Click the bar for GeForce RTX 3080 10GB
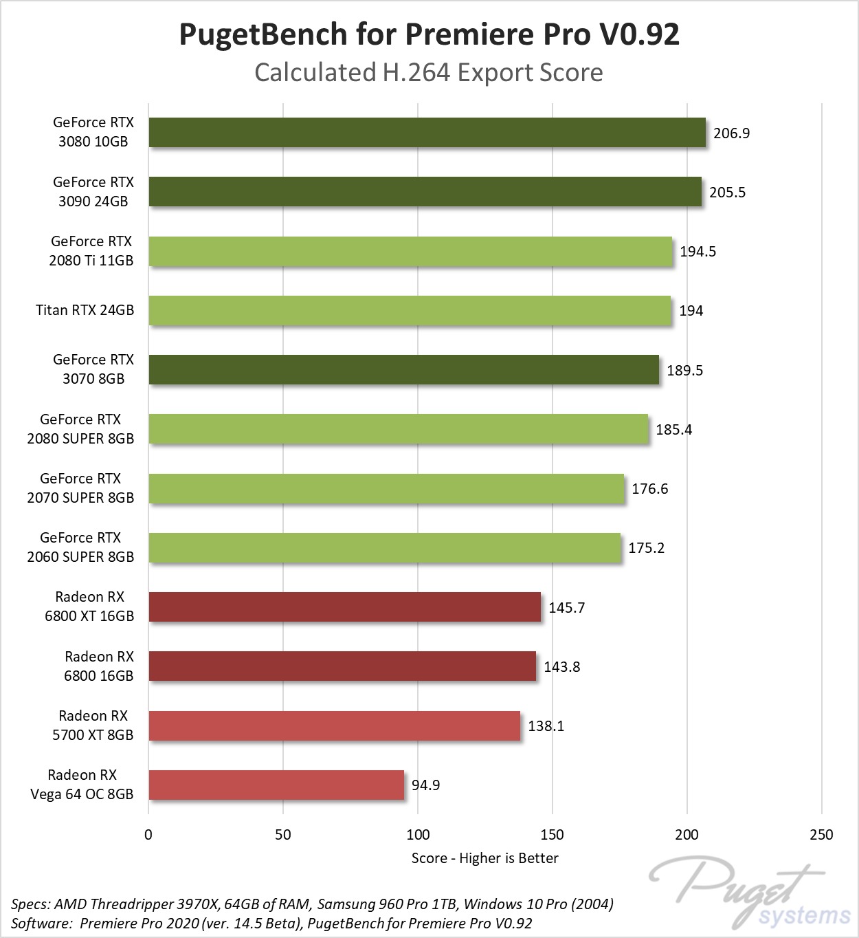pyautogui.click(x=427, y=133)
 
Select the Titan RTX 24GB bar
pyautogui.click(x=410, y=311)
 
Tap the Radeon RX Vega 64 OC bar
pyautogui.click(x=276, y=785)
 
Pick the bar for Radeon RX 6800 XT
pyautogui.click(x=344, y=607)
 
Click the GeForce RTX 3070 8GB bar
pyautogui.click(x=403, y=370)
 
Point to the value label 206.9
pyautogui.click(x=731, y=133)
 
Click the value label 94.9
pyautogui.click(x=425, y=785)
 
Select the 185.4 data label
pyautogui.click(x=673, y=430)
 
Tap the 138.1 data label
pyautogui.click(x=546, y=726)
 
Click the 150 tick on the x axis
pyautogui.click(x=552, y=835)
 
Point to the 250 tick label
pyautogui.click(x=821, y=835)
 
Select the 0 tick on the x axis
pyautogui.click(x=148, y=835)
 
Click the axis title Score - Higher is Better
pyautogui.click(x=484, y=858)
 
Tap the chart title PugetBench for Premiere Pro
pyautogui.click(x=429, y=34)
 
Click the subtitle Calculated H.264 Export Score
pyautogui.click(x=429, y=72)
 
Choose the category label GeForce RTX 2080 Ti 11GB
pyautogui.click(x=91, y=251)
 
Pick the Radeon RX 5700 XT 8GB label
pyautogui.click(x=93, y=726)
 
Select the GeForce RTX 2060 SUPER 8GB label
pyautogui.click(x=80, y=547)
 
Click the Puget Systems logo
pyautogui.click(x=749, y=892)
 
